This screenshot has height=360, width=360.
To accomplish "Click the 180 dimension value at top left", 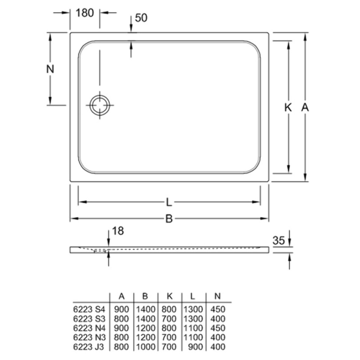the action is coord(85,13).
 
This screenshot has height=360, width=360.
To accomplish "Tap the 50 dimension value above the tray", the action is coord(141,18).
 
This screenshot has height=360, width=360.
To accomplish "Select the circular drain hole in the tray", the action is coord(100,105).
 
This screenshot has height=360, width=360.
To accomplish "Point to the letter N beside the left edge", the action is coord(50,69).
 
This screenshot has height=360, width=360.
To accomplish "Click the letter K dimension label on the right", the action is coord(288,108).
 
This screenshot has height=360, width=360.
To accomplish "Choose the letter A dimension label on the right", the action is coord(305,108).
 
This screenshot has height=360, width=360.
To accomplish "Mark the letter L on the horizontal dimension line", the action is coord(169,202).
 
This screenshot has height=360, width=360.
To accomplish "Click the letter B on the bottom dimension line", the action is coord(169,219).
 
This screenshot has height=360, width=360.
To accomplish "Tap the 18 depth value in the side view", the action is coord(118,231).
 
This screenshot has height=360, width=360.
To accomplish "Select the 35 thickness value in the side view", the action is coord(278,241).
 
